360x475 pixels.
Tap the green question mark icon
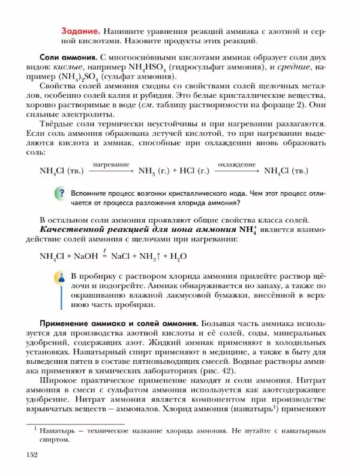59,193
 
